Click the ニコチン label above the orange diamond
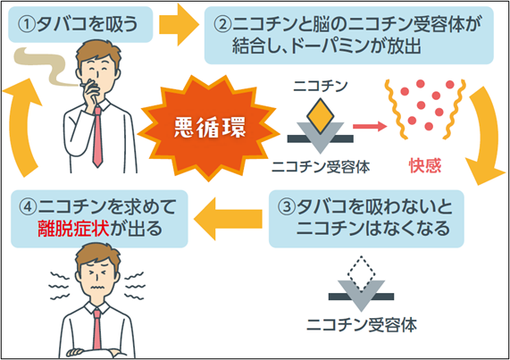318,88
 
